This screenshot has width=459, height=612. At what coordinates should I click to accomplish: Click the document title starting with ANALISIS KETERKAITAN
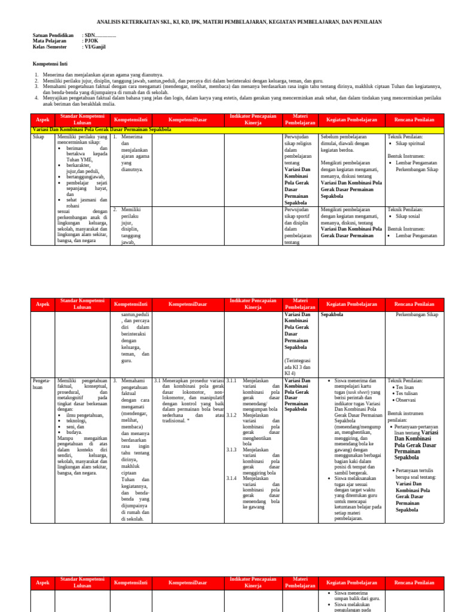click(229, 22)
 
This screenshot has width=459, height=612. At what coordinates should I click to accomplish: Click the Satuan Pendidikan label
click(53, 36)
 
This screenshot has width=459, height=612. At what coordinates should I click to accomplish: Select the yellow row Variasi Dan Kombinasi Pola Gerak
click(102, 129)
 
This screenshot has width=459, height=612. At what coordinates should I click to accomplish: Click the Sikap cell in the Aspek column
click(38, 137)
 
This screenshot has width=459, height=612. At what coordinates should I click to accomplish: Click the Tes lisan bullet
click(406, 387)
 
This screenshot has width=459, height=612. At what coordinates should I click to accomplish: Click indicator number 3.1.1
click(232, 380)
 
